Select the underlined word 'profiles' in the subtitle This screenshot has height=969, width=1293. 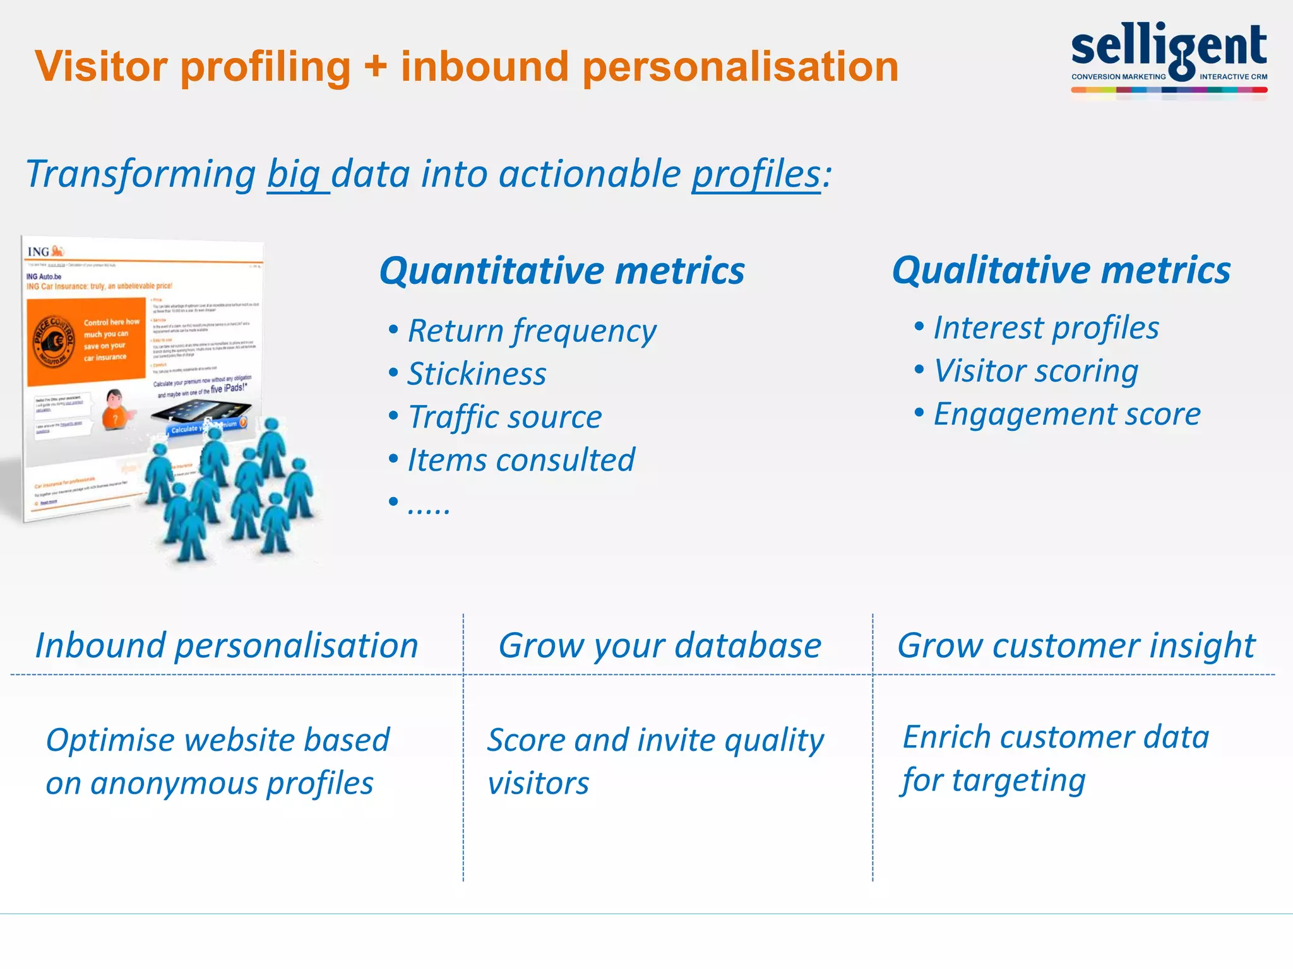[x=756, y=175]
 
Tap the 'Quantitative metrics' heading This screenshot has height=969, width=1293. [x=562, y=271]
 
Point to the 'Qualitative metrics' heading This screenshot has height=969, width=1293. [x=1061, y=271]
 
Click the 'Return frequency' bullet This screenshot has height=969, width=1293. [x=532, y=331]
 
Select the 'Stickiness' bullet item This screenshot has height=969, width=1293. [x=477, y=374]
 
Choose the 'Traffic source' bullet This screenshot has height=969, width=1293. [x=504, y=417]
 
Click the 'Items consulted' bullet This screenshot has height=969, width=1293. [x=521, y=460]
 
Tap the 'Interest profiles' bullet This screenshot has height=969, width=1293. [x=1046, y=328]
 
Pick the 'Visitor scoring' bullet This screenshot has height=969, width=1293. [x=1035, y=371]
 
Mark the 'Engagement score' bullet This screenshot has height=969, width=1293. [x=1066, y=414]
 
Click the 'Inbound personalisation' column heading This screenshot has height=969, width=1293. [x=227, y=646]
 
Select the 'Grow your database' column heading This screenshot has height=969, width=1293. [x=660, y=646]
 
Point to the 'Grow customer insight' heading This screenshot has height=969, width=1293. [x=1076, y=646]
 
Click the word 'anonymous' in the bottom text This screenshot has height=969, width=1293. [x=174, y=784]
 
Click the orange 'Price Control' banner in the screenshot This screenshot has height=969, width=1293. [x=86, y=341]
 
